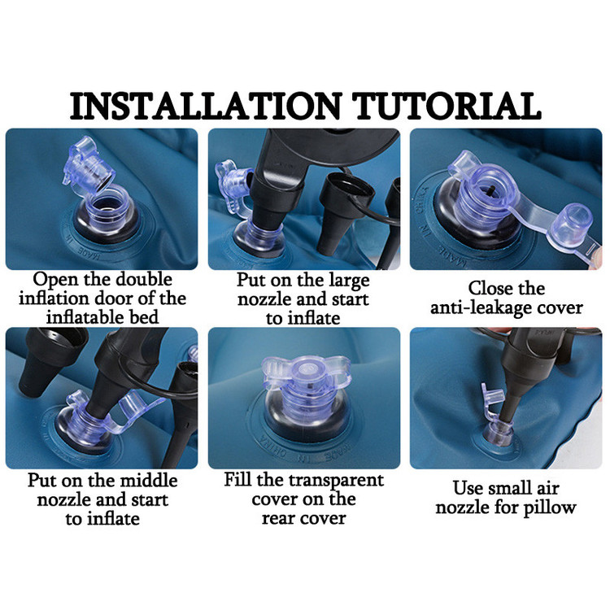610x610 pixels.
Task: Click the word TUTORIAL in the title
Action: [x=447, y=106]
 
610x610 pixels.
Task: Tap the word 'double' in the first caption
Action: [x=144, y=279]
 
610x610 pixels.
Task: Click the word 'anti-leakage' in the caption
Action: [x=480, y=307]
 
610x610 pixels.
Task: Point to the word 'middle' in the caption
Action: [x=148, y=481]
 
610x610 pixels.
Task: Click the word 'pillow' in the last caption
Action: [x=550, y=508]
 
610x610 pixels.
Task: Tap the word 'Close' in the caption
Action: [x=489, y=288]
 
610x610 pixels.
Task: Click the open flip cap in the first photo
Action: [x=88, y=164]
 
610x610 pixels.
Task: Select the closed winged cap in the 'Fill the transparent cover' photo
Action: [x=304, y=373]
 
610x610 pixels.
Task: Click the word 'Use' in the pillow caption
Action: [x=466, y=489]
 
